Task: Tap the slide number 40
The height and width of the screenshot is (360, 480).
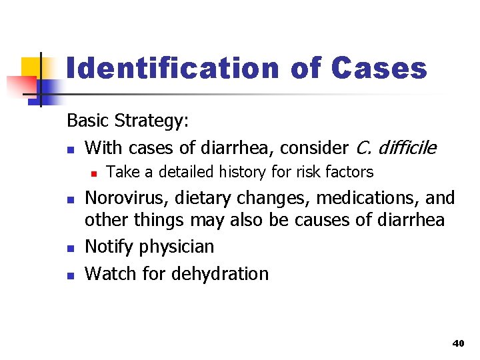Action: (457, 343)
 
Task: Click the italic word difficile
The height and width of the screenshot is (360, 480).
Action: (404, 147)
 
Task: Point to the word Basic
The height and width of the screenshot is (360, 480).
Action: (88, 121)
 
